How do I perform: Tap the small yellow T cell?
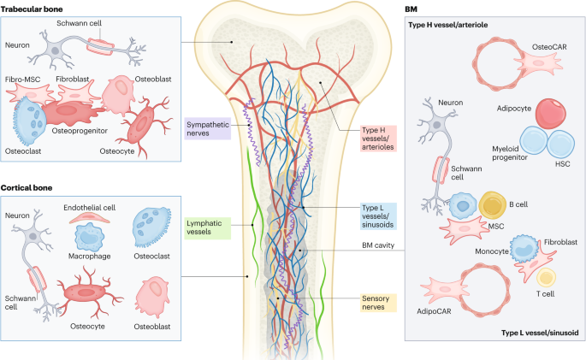pos(545,277)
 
